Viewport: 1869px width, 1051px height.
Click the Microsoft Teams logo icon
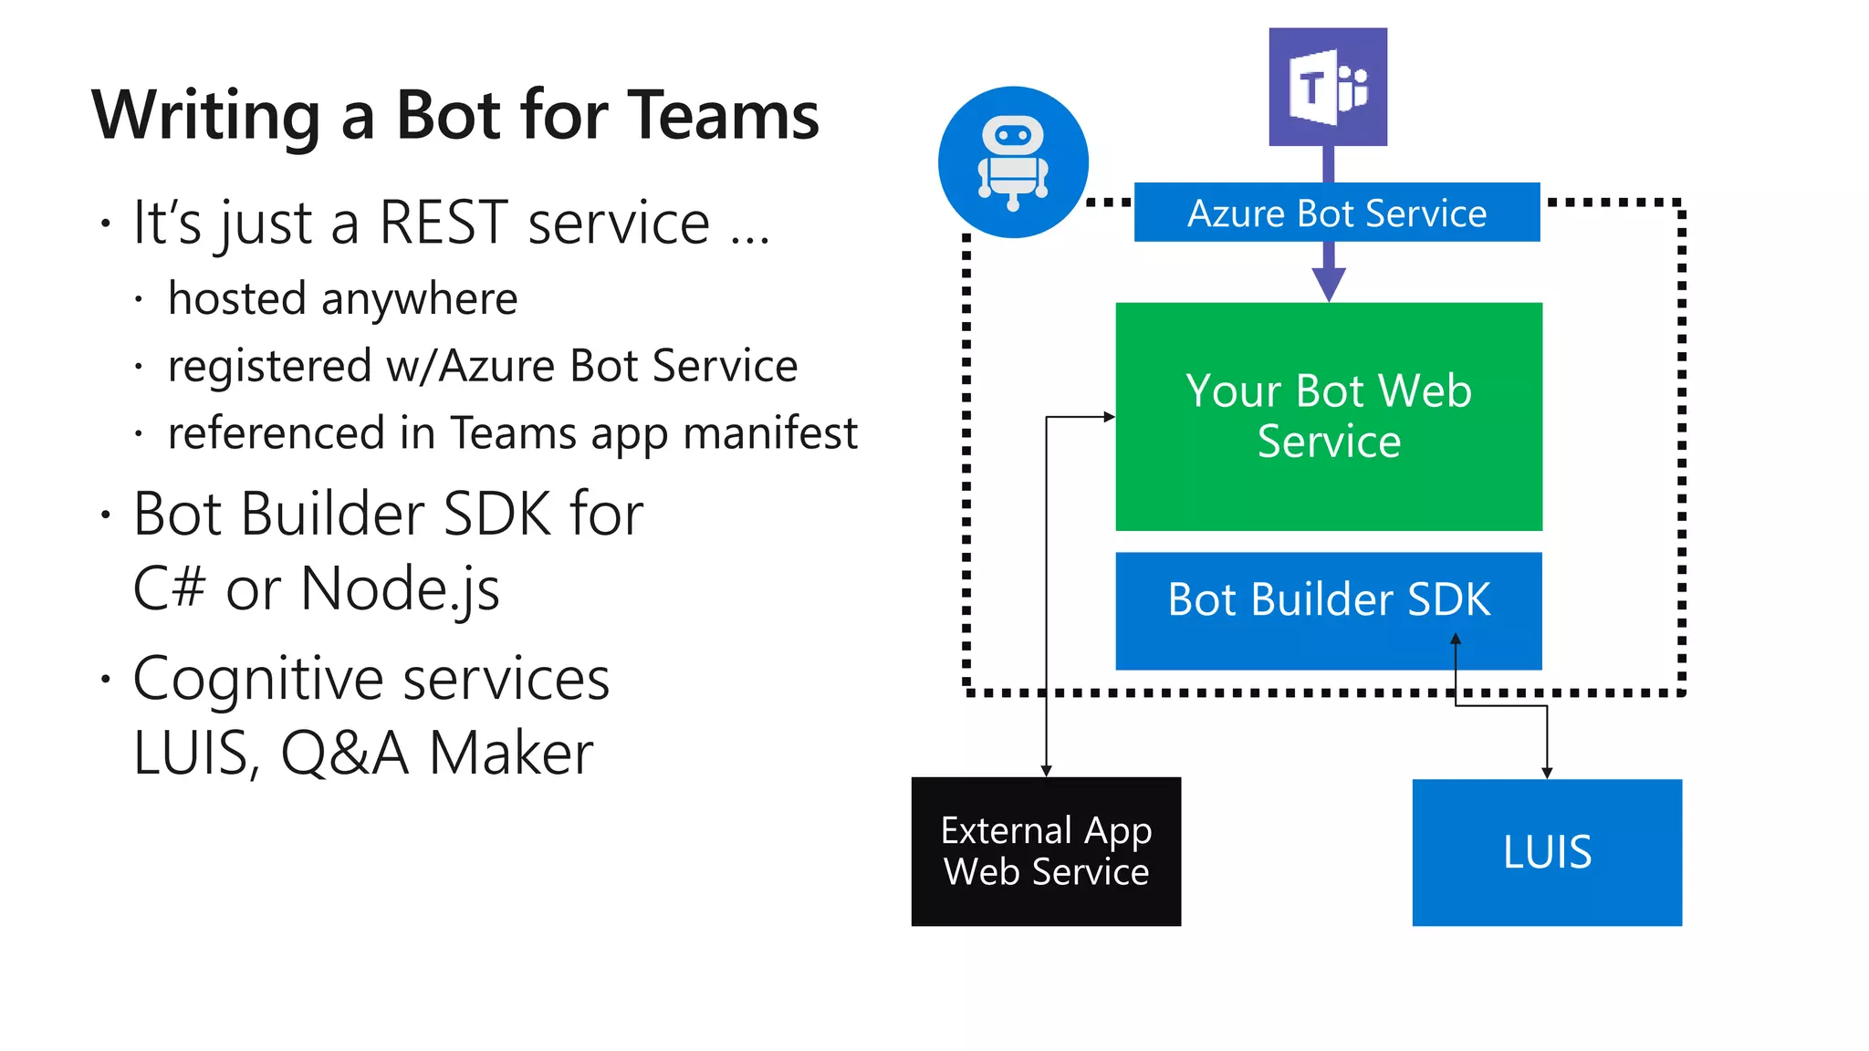(1328, 88)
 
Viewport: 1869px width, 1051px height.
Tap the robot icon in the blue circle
(1013, 162)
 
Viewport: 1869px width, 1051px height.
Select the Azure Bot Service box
(1336, 213)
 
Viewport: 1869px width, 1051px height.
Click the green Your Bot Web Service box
(1329, 416)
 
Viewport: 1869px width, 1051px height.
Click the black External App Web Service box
(1046, 851)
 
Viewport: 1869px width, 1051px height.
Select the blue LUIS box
(1547, 852)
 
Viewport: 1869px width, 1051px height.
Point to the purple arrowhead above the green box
(1329, 285)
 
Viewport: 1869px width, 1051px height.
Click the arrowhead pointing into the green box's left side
(1109, 417)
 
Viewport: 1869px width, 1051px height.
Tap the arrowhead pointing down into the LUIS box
(1547, 773)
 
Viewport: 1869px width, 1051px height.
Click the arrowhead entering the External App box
(1046, 771)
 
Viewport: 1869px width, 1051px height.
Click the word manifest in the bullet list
(770, 432)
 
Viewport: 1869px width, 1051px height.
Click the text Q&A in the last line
(345, 754)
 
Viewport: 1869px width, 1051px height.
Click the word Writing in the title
(206, 116)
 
